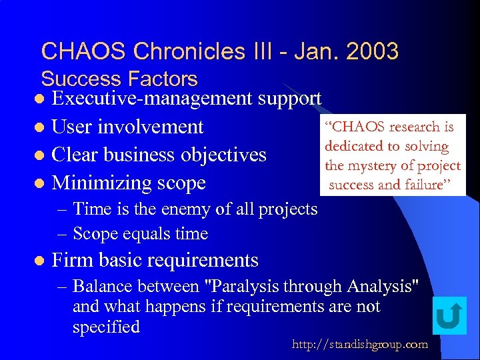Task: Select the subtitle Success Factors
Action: point(119,79)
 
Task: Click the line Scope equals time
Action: point(140,234)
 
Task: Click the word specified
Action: point(106,327)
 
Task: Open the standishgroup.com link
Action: point(360,344)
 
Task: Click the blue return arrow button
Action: point(449,316)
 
